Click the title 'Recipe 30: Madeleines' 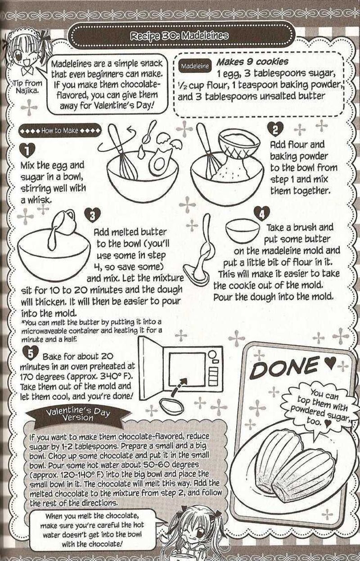coord(179,36)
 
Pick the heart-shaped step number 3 coord(93,216)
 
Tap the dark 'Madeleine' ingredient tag coord(195,66)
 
